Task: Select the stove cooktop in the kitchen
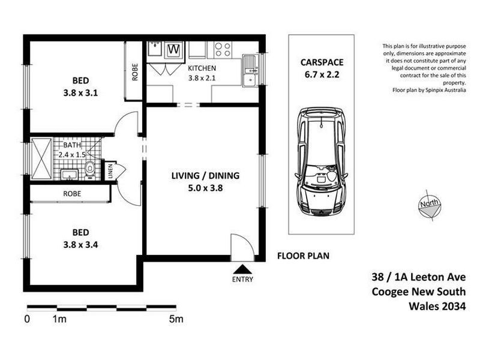[x=223, y=49]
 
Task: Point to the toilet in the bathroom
[x=90, y=169]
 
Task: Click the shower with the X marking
[x=41, y=159]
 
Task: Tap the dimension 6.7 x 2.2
[x=322, y=75]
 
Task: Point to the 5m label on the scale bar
[x=176, y=319]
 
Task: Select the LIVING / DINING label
[x=205, y=176]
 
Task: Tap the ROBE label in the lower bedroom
[x=71, y=194]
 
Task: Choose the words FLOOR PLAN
[x=302, y=256]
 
